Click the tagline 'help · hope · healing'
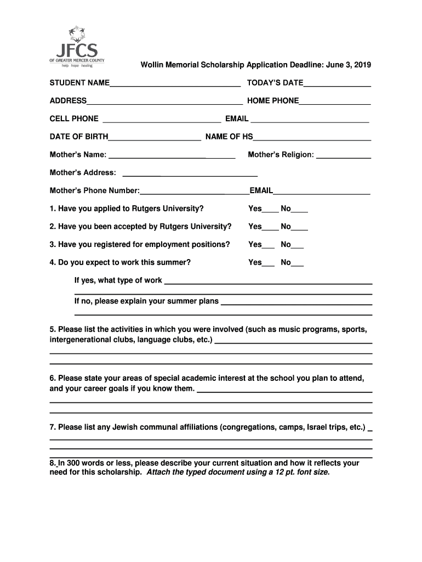point(77,65)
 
